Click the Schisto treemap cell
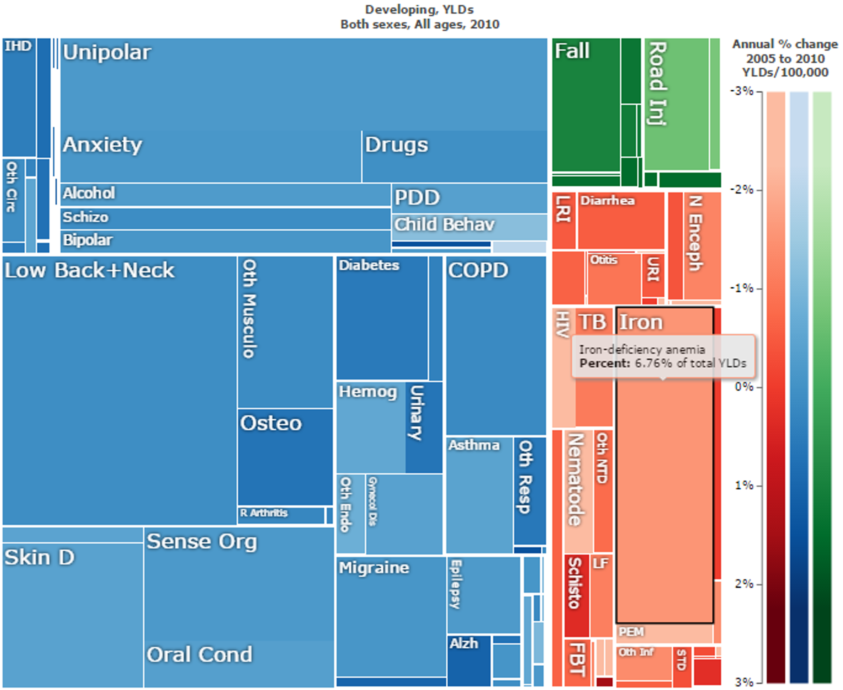[576, 596]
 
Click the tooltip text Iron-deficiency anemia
[642, 350]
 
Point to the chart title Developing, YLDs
[420, 9]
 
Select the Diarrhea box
[621, 221]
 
